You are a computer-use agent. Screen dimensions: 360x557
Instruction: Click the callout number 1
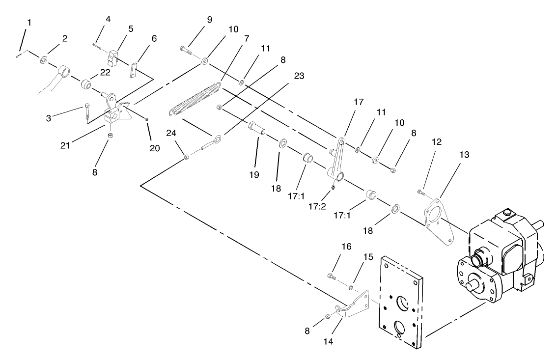[x=29, y=23]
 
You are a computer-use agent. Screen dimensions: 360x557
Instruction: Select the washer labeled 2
[x=43, y=59]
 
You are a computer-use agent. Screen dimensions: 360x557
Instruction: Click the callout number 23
[x=299, y=76]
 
